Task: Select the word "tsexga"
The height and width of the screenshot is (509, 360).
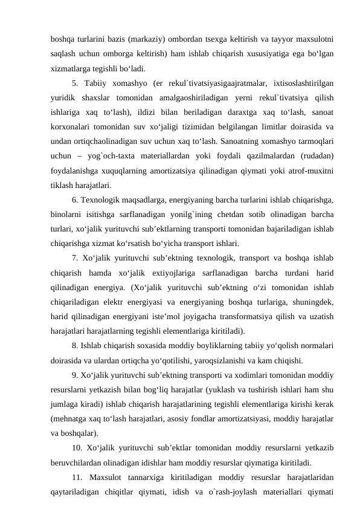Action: (x=230, y=41)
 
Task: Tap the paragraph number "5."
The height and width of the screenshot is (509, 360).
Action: (x=75, y=83)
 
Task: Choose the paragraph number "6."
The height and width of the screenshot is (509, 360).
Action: (x=75, y=199)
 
